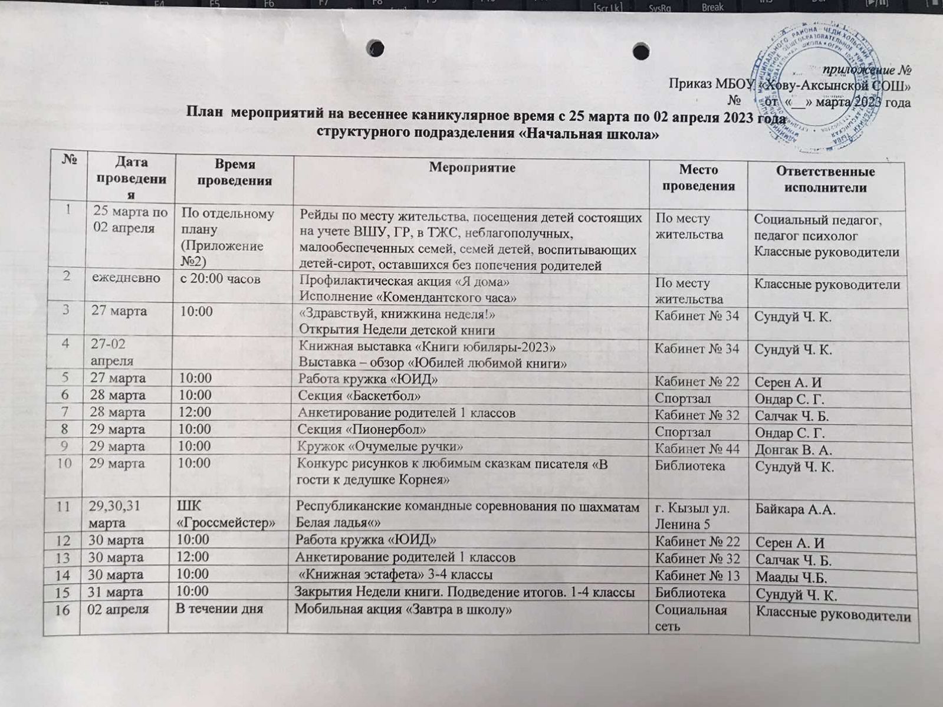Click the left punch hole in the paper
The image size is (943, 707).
tap(375, 47)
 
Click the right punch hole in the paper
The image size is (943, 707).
tap(641, 51)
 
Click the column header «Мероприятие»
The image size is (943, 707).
tap(472, 167)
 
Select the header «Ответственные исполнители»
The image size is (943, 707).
tap(824, 180)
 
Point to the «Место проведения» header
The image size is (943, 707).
tap(698, 177)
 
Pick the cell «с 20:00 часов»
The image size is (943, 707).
tap(220, 278)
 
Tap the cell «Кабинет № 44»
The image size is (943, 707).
tap(696, 449)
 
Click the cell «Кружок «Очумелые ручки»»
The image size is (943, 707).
tap(380, 446)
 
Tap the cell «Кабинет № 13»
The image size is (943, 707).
tap(697, 576)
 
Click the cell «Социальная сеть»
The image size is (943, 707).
tap(691, 617)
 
